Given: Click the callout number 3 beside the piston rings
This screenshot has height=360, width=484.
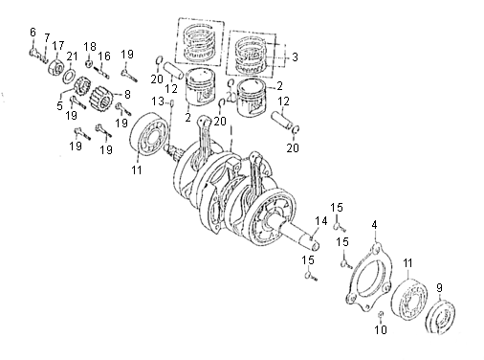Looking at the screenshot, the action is pyautogui.click(x=295, y=57).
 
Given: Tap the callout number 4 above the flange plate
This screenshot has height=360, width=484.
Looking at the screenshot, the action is pyautogui.click(x=374, y=225).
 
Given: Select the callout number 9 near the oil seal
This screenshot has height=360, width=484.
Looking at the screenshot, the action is pyautogui.click(x=439, y=288).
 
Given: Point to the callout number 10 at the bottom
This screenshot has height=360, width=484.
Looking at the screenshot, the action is pyautogui.click(x=381, y=329).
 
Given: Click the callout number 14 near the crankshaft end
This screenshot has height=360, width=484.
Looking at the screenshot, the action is pyautogui.click(x=321, y=221).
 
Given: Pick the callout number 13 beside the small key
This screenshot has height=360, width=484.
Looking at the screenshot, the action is pyautogui.click(x=158, y=101).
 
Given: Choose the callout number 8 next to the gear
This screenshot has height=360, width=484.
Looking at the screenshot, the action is pyautogui.click(x=127, y=95).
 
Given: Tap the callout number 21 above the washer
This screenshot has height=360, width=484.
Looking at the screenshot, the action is pyautogui.click(x=72, y=56).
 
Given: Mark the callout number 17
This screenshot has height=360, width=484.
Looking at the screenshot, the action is pyautogui.click(x=58, y=46).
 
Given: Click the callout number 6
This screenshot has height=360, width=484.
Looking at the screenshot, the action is pyautogui.click(x=33, y=33).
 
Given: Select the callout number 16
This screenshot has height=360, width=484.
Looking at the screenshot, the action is pyautogui.click(x=104, y=56).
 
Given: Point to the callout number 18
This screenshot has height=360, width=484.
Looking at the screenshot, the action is pyautogui.click(x=90, y=47).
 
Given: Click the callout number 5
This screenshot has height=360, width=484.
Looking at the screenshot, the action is pyautogui.click(x=59, y=105).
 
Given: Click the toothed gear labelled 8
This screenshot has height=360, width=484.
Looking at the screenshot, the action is pyautogui.click(x=101, y=98).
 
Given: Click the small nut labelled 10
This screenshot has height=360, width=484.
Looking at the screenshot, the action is pyautogui.click(x=380, y=315).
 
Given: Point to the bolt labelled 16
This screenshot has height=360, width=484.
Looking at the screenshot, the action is pyautogui.click(x=102, y=72).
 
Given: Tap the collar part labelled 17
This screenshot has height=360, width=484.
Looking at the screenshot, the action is pyautogui.click(x=55, y=66).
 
